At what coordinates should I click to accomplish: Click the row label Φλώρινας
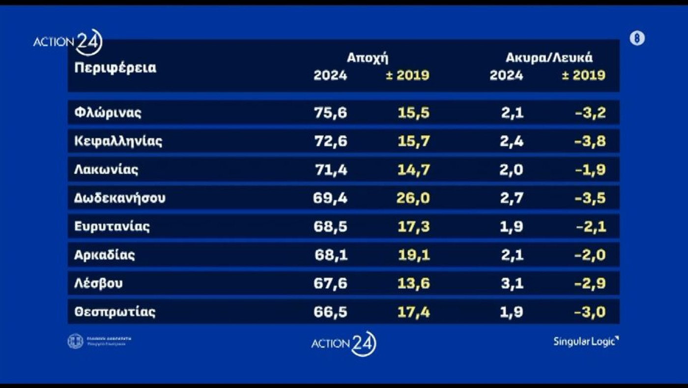108,112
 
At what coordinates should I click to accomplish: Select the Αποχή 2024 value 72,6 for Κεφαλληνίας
330,141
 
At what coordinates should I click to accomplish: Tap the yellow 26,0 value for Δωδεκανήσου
414,198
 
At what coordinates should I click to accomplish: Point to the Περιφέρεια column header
115,68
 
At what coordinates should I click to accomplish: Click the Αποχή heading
368,58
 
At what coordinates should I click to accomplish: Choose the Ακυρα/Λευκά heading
549,58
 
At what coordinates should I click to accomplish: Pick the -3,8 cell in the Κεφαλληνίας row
590,141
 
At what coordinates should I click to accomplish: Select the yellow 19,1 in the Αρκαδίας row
414,255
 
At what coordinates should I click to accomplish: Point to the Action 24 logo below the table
344,343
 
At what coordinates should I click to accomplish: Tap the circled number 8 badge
637,38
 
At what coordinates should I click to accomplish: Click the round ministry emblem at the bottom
75,341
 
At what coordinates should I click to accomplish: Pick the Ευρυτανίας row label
112,226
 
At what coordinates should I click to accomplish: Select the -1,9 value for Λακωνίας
590,170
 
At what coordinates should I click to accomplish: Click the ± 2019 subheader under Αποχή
407,76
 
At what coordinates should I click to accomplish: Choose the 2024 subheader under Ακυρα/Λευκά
506,76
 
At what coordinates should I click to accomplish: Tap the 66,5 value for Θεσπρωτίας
330,312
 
